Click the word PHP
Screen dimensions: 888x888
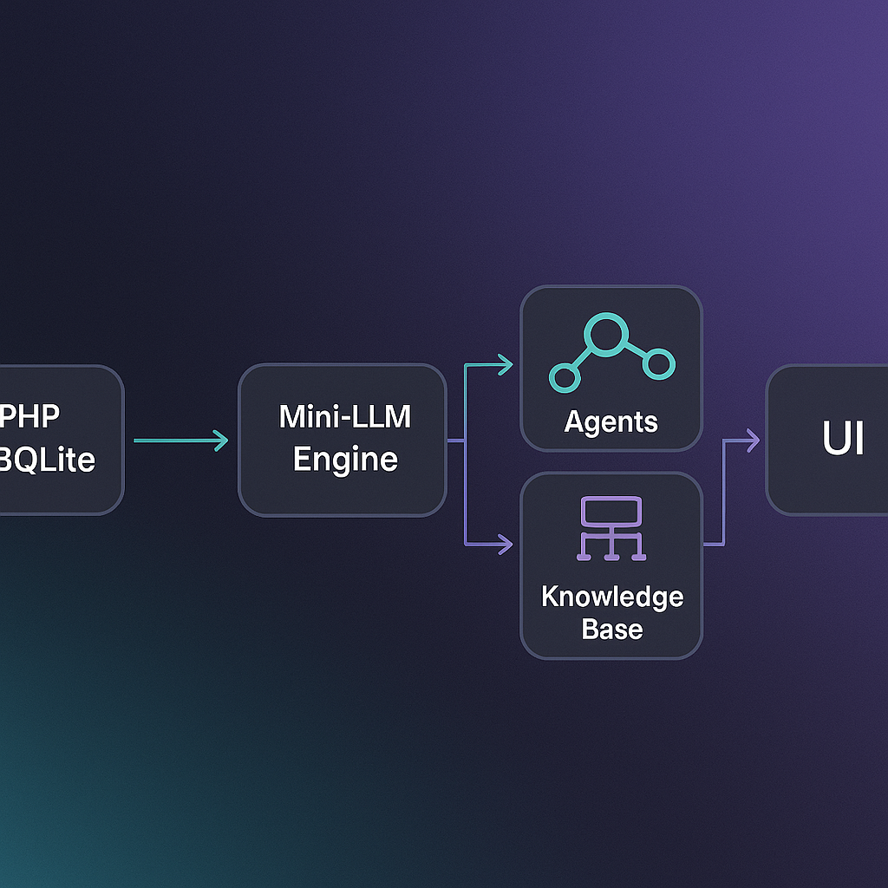pyautogui.click(x=29, y=415)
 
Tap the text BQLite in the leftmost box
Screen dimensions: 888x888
pyautogui.click(x=47, y=460)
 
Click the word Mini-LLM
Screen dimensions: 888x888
pyautogui.click(x=344, y=416)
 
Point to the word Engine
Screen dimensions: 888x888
pyautogui.click(x=344, y=459)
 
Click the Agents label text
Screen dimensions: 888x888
pyautogui.click(x=610, y=422)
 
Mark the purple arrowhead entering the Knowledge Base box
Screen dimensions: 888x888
pyautogui.click(x=506, y=545)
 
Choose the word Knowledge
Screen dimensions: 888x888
pyautogui.click(x=611, y=597)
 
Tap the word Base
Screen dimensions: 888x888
pyautogui.click(x=611, y=629)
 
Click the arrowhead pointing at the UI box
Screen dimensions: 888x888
pyautogui.click(x=753, y=441)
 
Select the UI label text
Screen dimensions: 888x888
pyautogui.click(x=843, y=441)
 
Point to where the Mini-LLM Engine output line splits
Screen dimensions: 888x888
pyautogui.click(x=466, y=441)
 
